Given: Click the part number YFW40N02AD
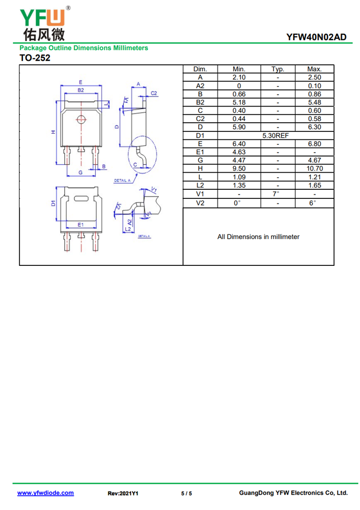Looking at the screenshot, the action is pyautogui.click(x=316, y=37).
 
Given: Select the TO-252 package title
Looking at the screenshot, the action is pyautogui.click(x=35, y=58).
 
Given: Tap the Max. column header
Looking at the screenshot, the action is pyautogui.click(x=315, y=69).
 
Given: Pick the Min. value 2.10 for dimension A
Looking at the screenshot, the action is pyautogui.click(x=239, y=77).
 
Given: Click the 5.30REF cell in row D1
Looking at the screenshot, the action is pyautogui.click(x=275, y=135).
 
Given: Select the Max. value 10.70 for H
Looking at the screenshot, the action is pyautogui.click(x=315, y=169).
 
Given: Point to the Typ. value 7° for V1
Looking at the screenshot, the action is pyautogui.click(x=276, y=194).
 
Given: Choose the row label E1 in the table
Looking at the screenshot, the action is pyautogui.click(x=200, y=152).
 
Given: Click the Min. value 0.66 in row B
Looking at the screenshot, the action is pyautogui.click(x=239, y=94).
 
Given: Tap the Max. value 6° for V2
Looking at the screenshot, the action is pyautogui.click(x=312, y=203).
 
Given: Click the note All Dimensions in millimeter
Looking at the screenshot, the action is pyautogui.click(x=258, y=237).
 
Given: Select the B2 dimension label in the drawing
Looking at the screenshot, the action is pyautogui.click(x=81, y=90).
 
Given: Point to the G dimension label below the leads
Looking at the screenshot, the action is pyautogui.click(x=81, y=172).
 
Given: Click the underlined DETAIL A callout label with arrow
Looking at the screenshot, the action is pyautogui.click(x=122, y=180).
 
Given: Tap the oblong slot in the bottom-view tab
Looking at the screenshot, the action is pyautogui.click(x=81, y=198).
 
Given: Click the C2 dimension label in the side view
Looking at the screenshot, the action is pyautogui.click(x=154, y=94).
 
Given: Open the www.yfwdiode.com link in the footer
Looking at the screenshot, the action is pyautogui.click(x=45, y=493).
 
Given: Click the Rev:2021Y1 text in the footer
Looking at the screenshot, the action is pyautogui.click(x=123, y=493).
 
